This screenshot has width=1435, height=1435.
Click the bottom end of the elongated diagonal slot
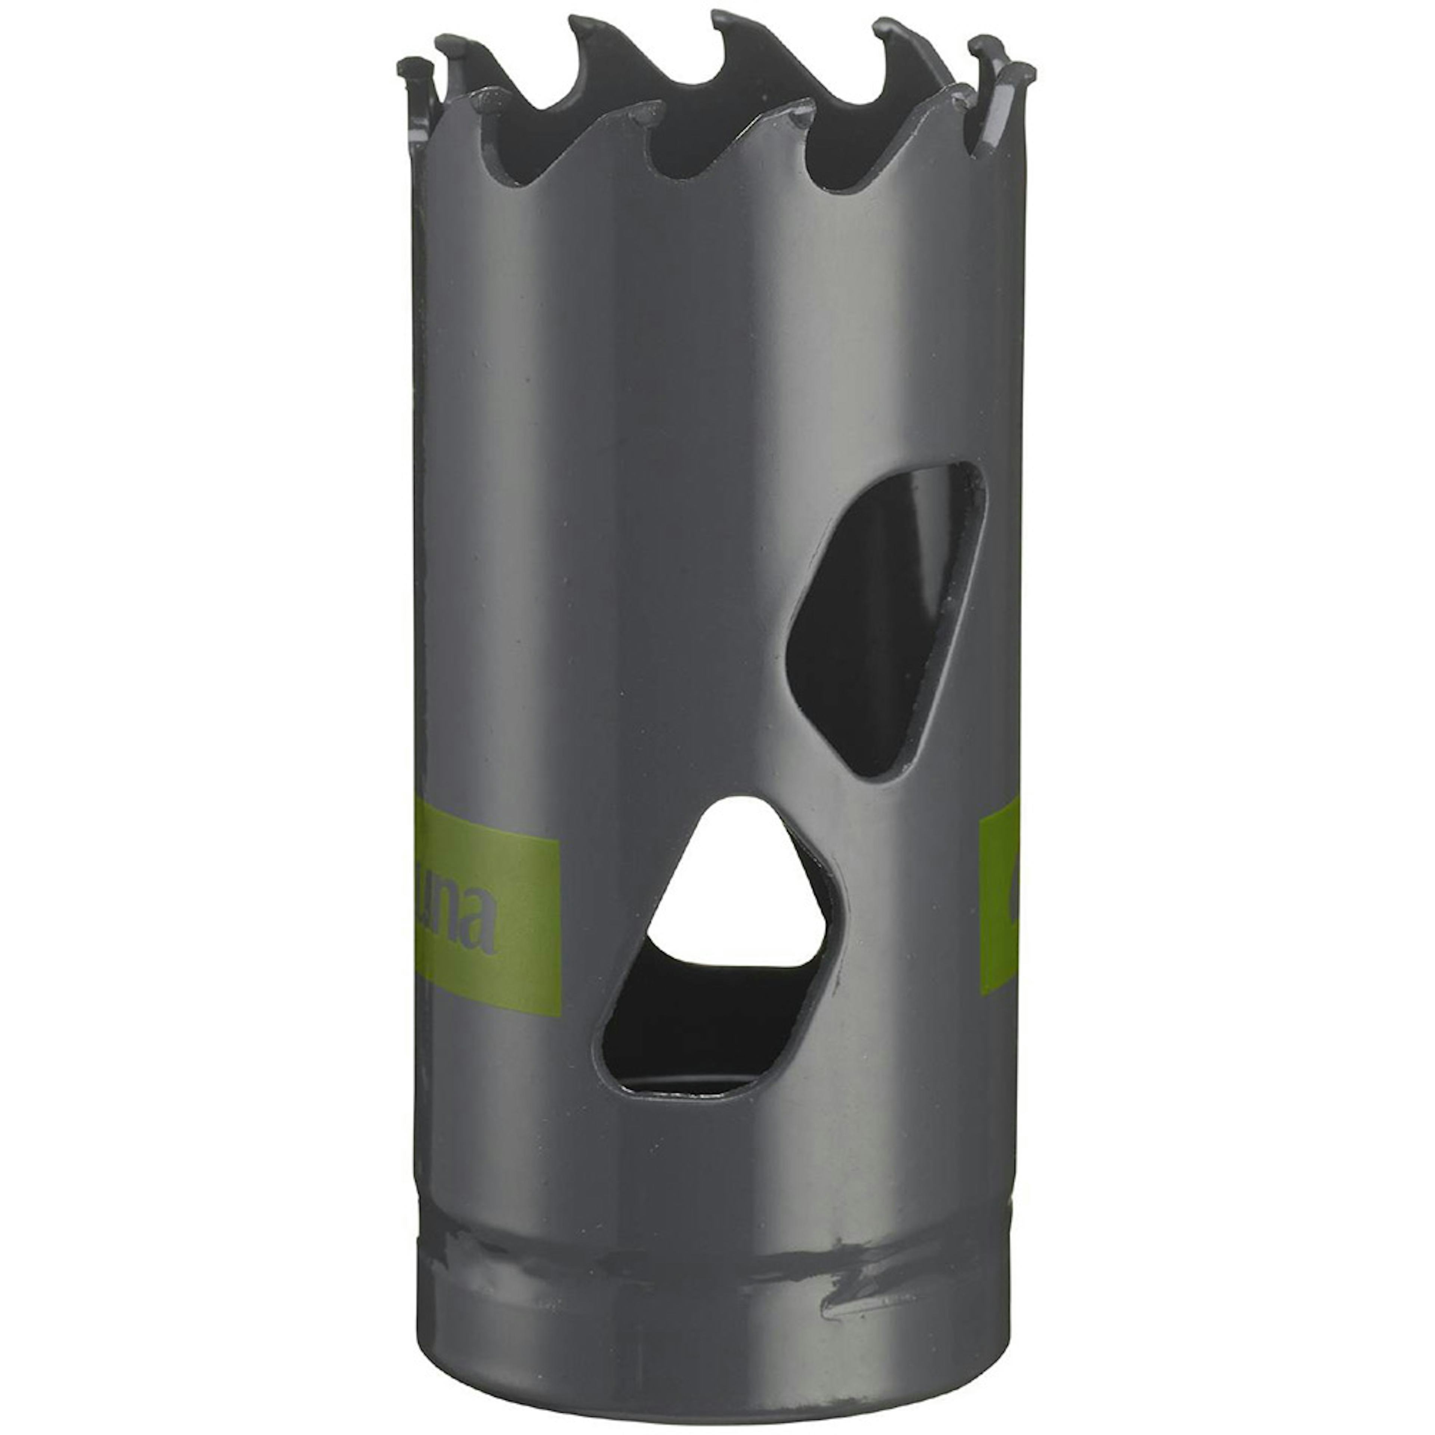876,769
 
